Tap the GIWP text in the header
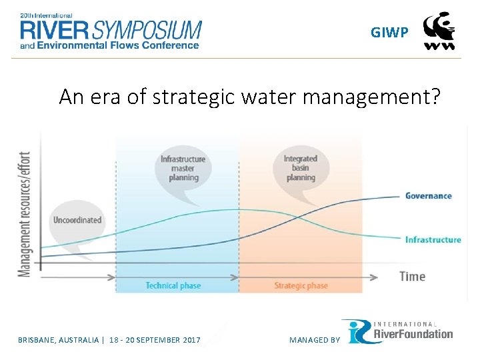click(389, 33)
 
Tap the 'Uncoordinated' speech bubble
click(77, 220)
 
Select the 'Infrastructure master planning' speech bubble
click(183, 168)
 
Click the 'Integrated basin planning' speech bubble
click(300, 168)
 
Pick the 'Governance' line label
click(428, 196)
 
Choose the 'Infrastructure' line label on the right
click(433, 240)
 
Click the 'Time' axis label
click(412, 276)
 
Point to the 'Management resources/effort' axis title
click(24, 211)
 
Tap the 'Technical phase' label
click(173, 286)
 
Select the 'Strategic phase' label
click(301, 286)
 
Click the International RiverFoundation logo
click(397, 332)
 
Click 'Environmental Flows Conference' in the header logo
click(117, 45)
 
